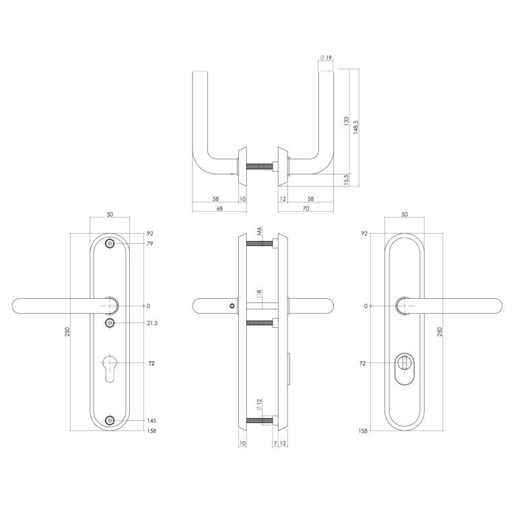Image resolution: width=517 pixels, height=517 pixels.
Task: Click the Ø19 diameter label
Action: [326, 58]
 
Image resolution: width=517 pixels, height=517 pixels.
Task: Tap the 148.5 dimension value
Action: [355, 127]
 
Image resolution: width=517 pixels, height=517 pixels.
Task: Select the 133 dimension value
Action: [346, 121]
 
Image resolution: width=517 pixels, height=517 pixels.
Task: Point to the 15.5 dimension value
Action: [346, 180]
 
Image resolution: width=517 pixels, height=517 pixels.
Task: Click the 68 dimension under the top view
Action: [219, 209]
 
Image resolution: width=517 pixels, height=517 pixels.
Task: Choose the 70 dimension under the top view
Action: [306, 209]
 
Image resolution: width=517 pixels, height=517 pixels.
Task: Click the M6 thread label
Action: [259, 231]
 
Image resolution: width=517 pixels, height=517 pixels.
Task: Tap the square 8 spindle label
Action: [259, 294]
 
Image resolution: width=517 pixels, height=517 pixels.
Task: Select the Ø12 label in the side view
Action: [259, 404]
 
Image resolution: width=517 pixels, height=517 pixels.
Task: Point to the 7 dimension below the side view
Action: [275, 444]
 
